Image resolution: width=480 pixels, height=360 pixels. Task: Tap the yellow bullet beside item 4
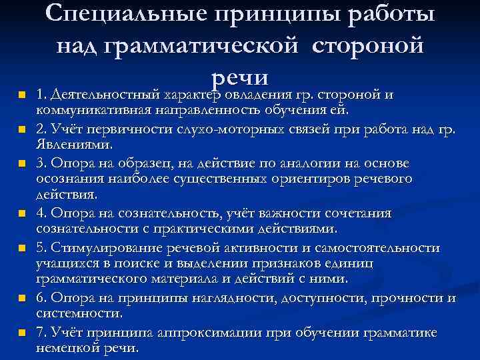tap(22, 214)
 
